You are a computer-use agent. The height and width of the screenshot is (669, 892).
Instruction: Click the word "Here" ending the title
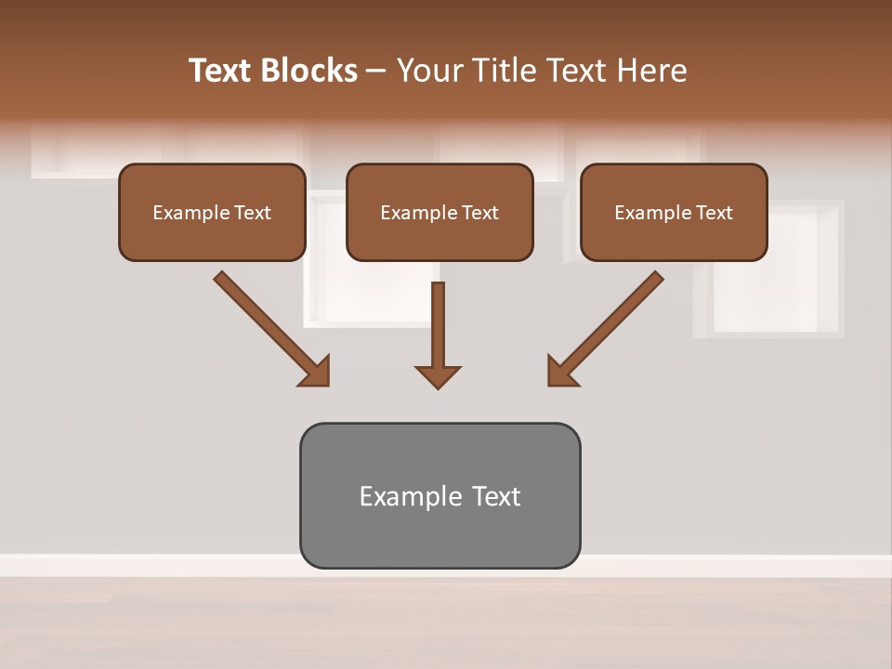coord(650,71)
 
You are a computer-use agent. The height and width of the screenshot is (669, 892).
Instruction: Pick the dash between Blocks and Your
coord(375,72)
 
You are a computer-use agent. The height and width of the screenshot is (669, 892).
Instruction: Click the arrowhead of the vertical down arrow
coord(438,376)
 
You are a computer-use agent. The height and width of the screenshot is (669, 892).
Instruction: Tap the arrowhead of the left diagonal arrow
coord(316,372)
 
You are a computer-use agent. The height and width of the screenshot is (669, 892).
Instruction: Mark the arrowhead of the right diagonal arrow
coord(560,372)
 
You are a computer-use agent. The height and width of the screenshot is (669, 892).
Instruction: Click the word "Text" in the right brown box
coord(715,213)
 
